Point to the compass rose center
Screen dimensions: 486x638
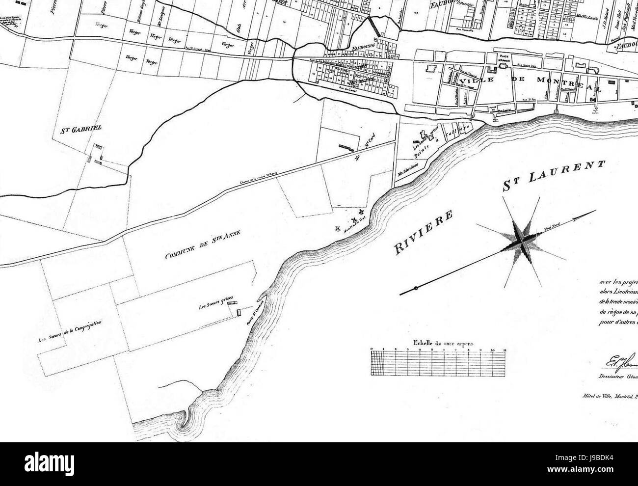click(x=520, y=239)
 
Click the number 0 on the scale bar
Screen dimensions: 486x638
click(x=372, y=349)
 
